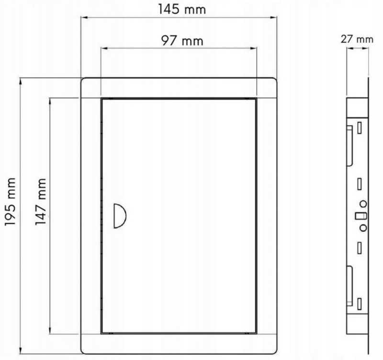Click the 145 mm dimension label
182,9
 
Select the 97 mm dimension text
182,41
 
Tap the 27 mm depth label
357,39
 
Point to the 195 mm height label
11,202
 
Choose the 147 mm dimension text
41,202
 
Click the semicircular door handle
120,216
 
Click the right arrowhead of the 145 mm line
273,17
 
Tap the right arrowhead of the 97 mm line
254,48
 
